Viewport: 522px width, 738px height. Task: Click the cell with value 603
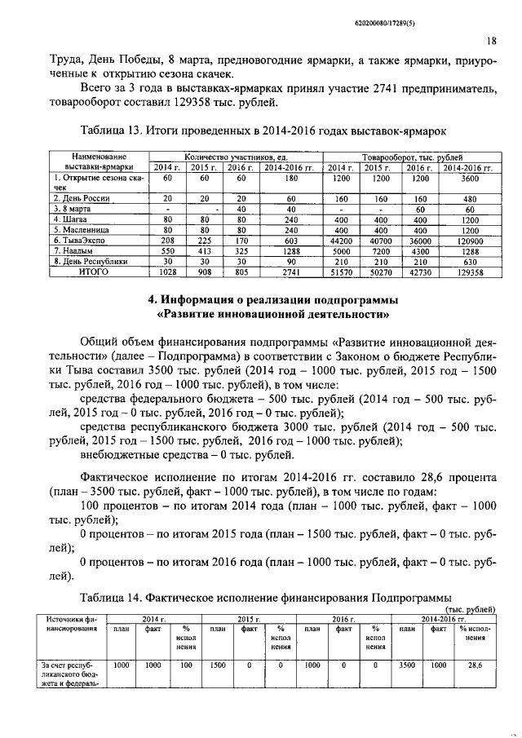(x=283, y=241)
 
